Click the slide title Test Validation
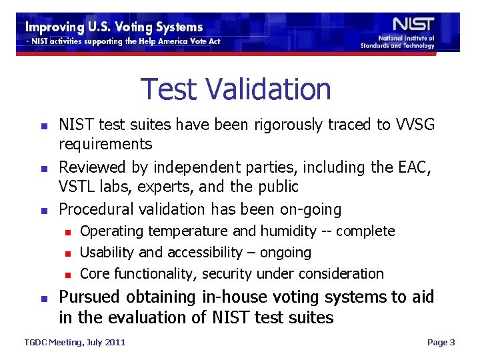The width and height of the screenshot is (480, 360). (236, 89)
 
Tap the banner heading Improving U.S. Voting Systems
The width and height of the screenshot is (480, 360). (114, 27)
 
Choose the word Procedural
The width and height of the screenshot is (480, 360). (96, 209)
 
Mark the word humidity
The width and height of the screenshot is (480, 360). (288, 231)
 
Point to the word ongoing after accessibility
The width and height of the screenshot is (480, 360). (286, 253)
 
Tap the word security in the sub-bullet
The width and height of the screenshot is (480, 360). (228, 273)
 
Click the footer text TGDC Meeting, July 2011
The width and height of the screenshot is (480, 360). (75, 343)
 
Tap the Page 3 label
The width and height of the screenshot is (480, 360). (441, 343)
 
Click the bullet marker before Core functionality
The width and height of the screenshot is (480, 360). (67, 274)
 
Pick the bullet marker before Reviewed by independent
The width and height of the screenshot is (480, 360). (43, 167)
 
